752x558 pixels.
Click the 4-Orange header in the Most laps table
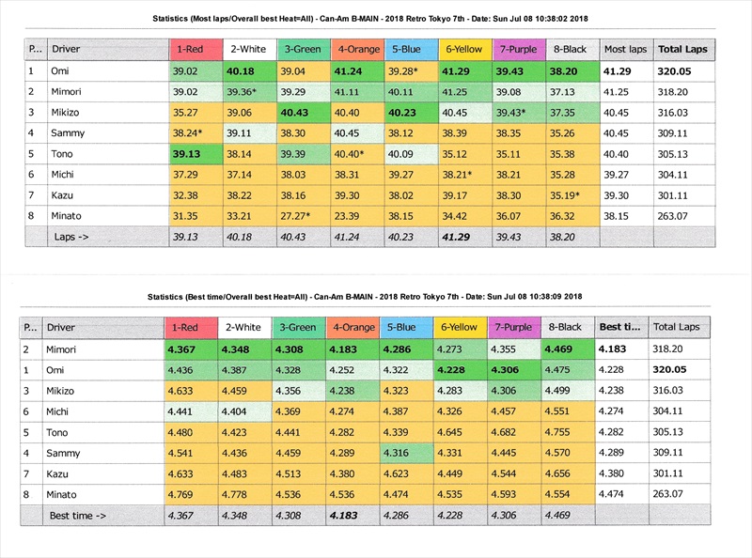click(357, 48)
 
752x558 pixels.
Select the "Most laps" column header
click(625, 48)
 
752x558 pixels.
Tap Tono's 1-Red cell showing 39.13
click(195, 153)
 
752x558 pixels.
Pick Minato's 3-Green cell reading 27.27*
click(302, 215)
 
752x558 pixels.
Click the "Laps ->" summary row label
click(70, 237)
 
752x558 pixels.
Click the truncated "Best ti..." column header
click(621, 327)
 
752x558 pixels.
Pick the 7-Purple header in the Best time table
click(516, 327)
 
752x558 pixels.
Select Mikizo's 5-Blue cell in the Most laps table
click(411, 112)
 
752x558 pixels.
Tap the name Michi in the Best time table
click(61, 411)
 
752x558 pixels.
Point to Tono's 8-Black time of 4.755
click(569, 432)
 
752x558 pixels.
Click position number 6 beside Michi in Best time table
click(30, 411)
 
